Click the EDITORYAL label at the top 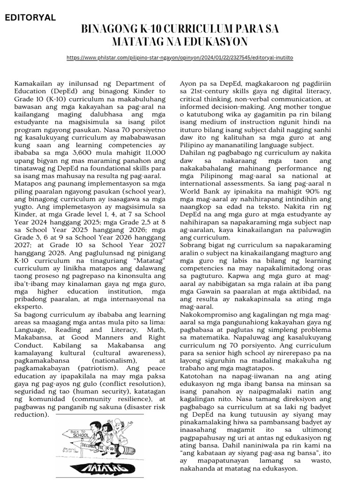tap(30, 18)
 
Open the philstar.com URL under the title tap(180, 57)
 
